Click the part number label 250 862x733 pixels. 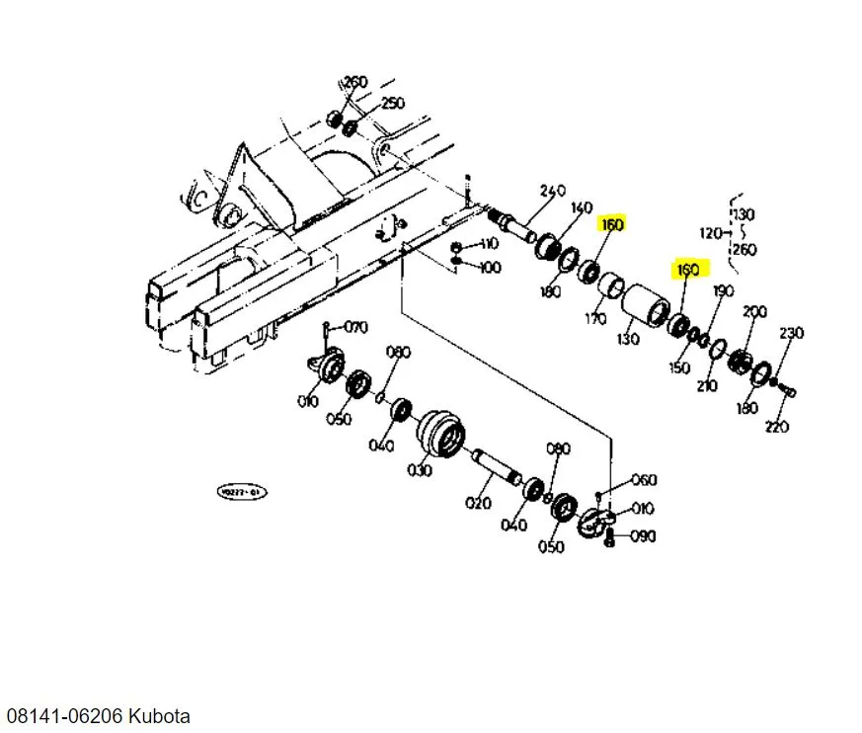click(x=393, y=104)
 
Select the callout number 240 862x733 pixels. click(x=552, y=191)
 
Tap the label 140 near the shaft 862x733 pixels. click(x=582, y=207)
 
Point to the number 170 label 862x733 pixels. click(x=595, y=318)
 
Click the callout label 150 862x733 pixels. click(x=679, y=367)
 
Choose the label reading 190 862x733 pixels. click(x=724, y=290)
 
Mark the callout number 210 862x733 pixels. click(x=707, y=385)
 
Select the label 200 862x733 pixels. click(x=754, y=312)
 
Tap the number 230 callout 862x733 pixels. click(x=792, y=334)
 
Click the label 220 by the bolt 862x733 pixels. click(x=778, y=427)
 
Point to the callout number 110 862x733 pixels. click(x=490, y=244)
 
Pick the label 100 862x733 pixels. click(x=490, y=268)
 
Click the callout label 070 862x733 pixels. click(x=355, y=327)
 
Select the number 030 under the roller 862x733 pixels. click(x=421, y=470)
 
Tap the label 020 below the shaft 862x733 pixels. click(x=478, y=503)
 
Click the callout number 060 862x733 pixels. click(x=644, y=481)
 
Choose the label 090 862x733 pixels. click(x=644, y=536)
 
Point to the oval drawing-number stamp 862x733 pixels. click(x=242, y=491)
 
